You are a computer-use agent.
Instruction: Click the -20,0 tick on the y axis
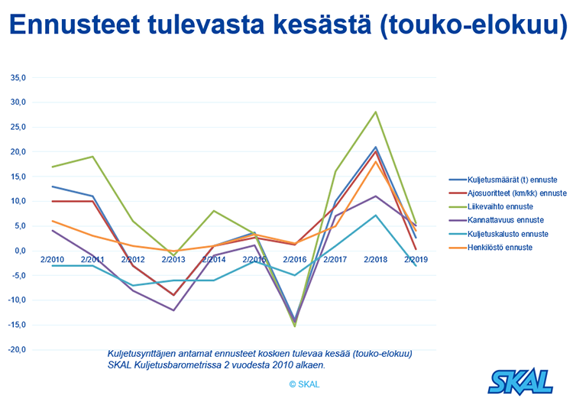click(x=17, y=349)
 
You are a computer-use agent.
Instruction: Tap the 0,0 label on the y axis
click(x=21, y=251)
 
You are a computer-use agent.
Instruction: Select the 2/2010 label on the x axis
click(x=53, y=260)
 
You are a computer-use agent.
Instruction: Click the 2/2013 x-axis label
click(x=174, y=260)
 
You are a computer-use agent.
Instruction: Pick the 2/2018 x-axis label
click(x=375, y=260)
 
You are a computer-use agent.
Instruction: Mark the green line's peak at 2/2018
click(x=375, y=112)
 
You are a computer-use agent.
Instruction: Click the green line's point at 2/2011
click(x=93, y=157)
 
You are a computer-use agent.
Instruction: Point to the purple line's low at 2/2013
click(x=174, y=310)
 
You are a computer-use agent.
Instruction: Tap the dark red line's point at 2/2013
click(x=174, y=295)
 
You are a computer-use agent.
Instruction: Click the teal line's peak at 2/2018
click(x=375, y=215)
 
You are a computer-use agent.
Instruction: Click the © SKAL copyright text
click(x=304, y=384)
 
